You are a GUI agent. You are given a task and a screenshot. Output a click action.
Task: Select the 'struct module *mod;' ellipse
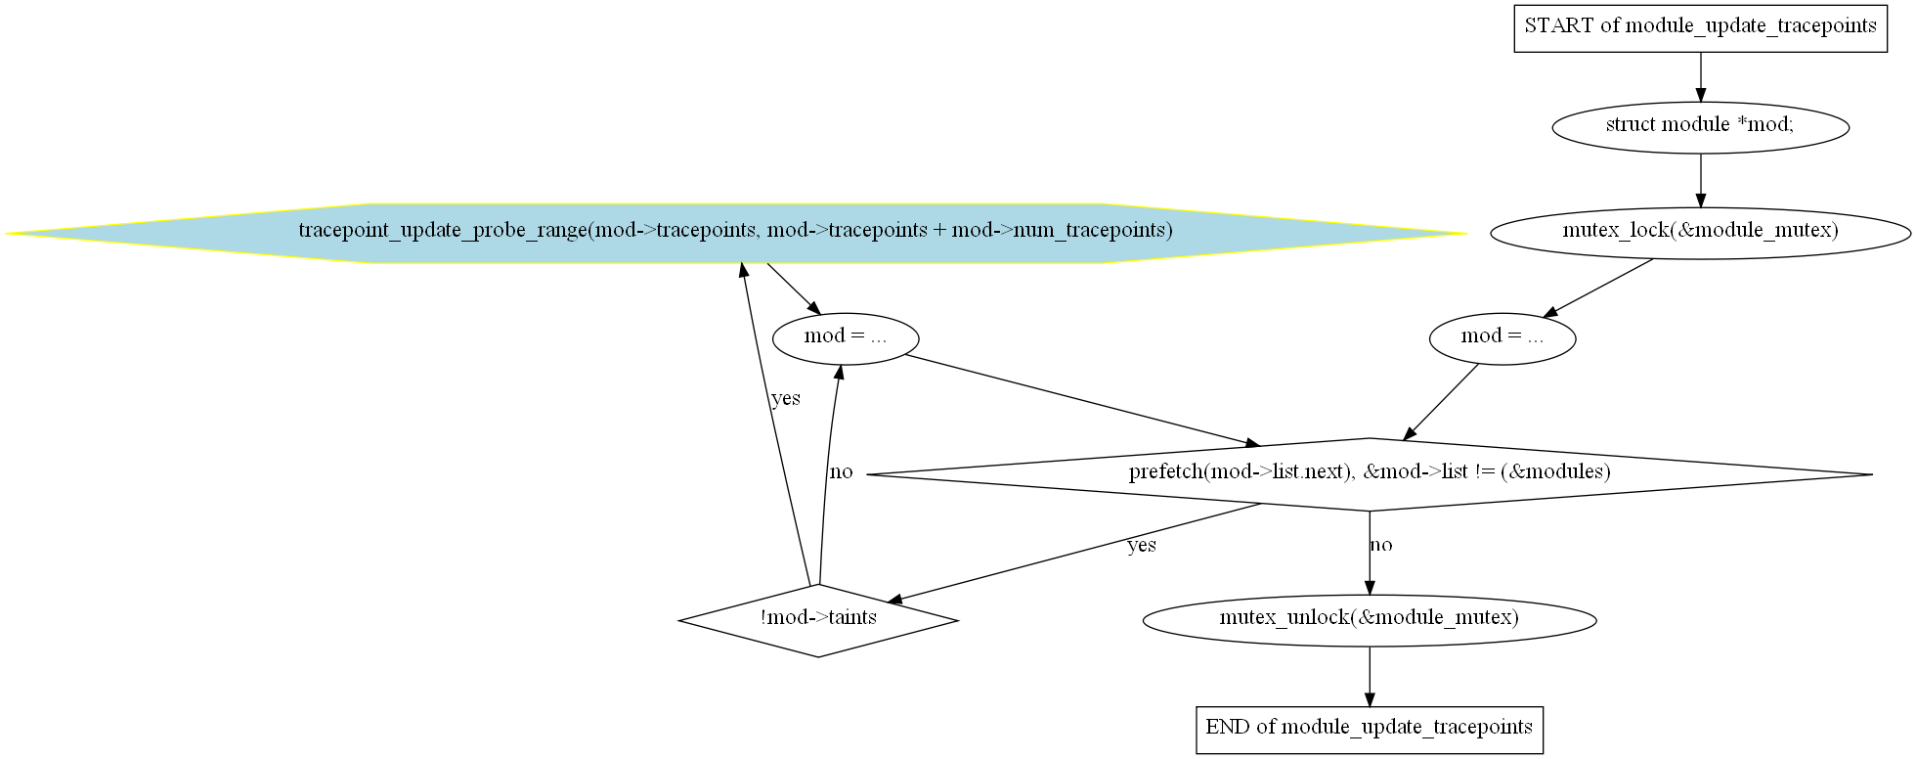click(x=1700, y=126)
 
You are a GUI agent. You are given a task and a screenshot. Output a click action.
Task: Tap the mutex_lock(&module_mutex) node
click(x=1700, y=232)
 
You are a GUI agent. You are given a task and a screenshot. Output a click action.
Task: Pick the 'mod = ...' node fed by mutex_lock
click(x=1502, y=338)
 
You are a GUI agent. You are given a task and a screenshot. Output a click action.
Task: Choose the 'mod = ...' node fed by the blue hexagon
click(x=846, y=338)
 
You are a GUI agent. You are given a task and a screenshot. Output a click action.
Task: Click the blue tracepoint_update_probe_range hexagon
click(x=735, y=233)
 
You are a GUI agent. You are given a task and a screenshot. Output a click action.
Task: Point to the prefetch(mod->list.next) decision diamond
click(x=1370, y=473)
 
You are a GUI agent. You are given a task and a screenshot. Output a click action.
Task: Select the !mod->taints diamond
click(x=818, y=620)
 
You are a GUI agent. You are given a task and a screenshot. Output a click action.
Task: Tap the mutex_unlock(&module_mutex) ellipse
click(x=1370, y=619)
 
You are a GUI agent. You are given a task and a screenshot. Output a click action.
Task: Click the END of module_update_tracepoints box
click(x=1370, y=729)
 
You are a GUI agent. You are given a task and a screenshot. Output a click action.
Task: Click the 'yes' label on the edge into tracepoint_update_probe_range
click(x=786, y=399)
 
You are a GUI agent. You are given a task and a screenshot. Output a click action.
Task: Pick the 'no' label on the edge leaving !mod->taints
click(x=841, y=472)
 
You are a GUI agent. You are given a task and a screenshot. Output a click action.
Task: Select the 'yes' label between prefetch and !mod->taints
click(x=1142, y=546)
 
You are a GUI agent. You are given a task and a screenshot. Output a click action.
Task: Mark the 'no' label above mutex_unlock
click(x=1381, y=545)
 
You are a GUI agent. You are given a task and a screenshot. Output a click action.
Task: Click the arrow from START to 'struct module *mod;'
click(x=1700, y=76)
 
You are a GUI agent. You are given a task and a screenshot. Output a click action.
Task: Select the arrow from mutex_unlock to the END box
click(x=1370, y=676)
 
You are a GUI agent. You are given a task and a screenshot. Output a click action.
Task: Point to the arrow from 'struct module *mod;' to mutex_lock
click(x=1700, y=180)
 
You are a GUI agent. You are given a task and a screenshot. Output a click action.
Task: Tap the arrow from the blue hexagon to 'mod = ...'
click(x=794, y=290)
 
